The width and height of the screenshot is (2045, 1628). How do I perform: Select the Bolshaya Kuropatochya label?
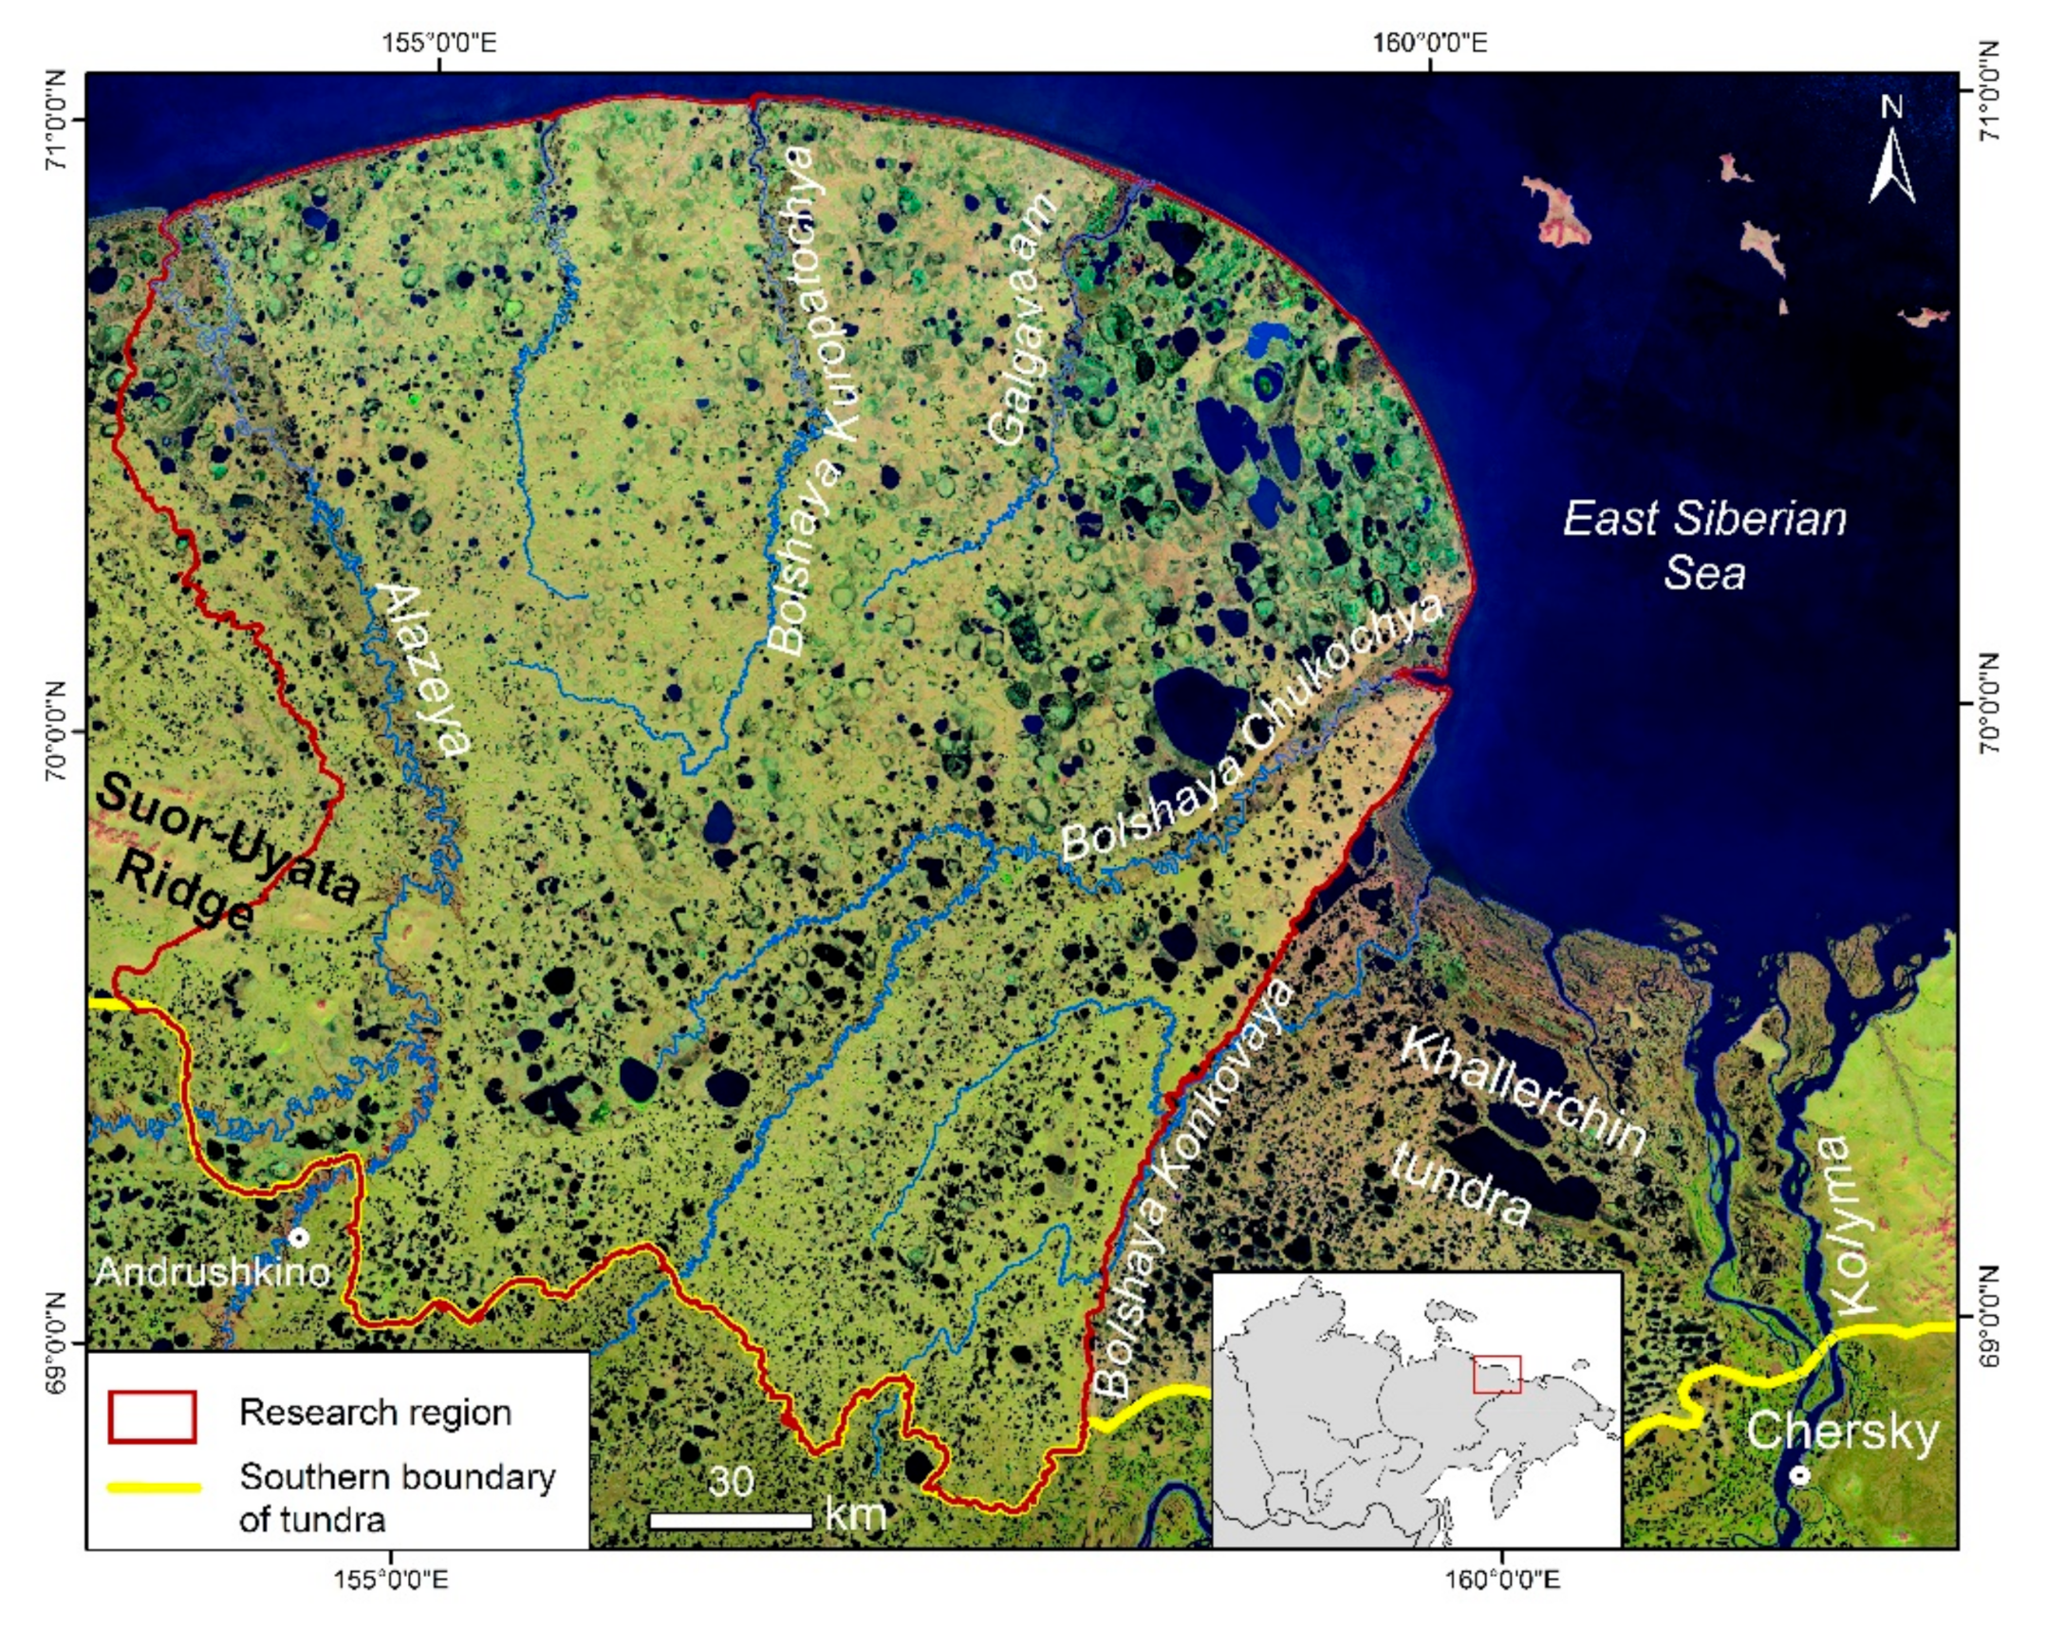click(x=806, y=398)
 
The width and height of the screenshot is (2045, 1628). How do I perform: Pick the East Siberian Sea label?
click(x=1704, y=546)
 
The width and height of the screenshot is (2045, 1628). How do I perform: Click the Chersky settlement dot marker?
click(x=1799, y=1475)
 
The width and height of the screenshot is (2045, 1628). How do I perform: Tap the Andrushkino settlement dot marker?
click(x=299, y=1237)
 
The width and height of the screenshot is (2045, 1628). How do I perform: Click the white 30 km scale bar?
click(x=731, y=1521)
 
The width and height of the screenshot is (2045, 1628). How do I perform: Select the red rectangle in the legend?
click(x=152, y=1416)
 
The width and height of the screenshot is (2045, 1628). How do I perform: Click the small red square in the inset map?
click(x=1497, y=1374)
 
